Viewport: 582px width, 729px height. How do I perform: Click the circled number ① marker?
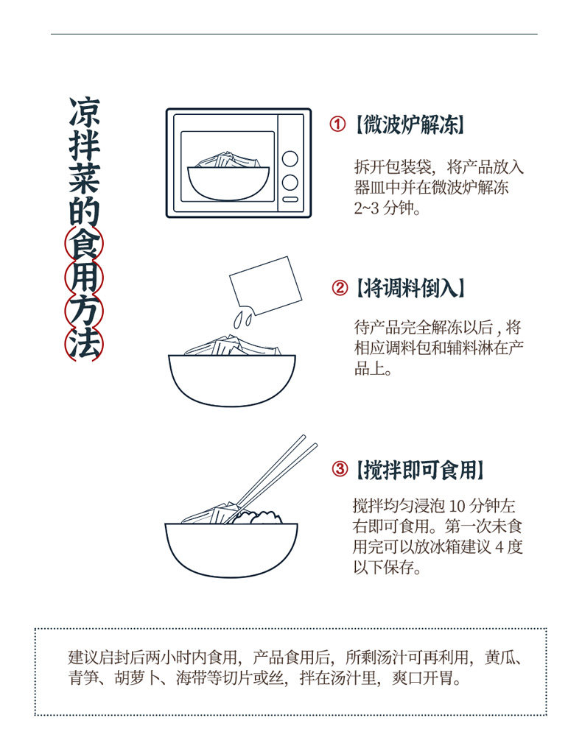337,124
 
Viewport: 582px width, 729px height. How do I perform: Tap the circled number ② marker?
340,288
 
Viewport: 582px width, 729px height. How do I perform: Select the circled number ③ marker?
340,468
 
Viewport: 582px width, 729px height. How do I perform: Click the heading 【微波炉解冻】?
410,124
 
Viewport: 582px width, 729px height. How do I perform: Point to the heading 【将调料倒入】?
410,288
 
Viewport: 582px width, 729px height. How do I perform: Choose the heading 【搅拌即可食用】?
420,469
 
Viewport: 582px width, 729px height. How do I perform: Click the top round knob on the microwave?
290,159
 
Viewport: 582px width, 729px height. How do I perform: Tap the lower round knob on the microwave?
290,182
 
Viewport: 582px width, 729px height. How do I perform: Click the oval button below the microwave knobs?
290,200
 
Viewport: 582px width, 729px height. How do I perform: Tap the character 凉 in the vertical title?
84,112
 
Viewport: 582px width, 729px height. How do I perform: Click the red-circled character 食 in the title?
84,243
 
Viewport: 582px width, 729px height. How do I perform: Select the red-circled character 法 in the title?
84,344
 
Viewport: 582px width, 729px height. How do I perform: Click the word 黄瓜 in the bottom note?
499,657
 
